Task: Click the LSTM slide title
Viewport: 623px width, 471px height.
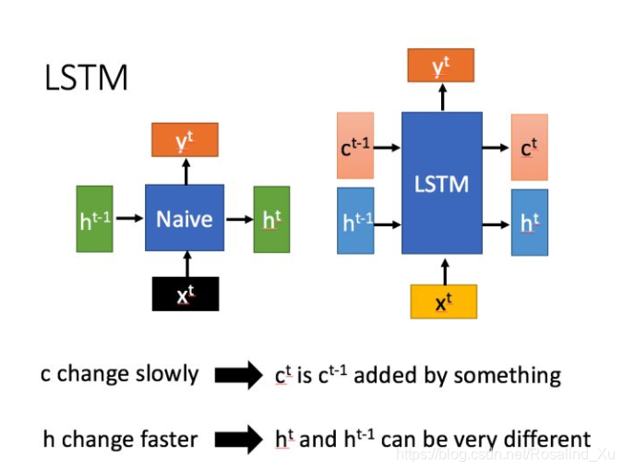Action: point(86,78)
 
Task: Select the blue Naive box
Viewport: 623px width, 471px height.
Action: point(185,218)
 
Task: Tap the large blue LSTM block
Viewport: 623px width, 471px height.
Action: point(441,183)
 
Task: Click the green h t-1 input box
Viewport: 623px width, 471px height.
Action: point(94,219)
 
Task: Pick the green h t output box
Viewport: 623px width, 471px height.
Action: point(271,219)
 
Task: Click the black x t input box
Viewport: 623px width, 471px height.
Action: point(186,293)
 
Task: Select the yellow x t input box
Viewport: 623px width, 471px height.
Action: point(443,301)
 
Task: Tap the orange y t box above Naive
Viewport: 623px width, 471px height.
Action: point(185,139)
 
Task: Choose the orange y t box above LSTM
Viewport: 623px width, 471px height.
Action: point(441,66)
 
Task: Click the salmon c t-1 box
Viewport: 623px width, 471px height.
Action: point(355,146)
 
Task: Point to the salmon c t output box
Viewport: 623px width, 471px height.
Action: point(529,147)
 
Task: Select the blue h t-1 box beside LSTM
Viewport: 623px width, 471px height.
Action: point(355,221)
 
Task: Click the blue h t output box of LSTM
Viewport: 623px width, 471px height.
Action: point(529,223)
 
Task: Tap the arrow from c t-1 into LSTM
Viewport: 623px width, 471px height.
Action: point(388,146)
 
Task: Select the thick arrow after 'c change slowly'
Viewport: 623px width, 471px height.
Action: point(238,375)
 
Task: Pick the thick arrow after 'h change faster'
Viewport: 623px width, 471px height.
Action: point(238,438)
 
